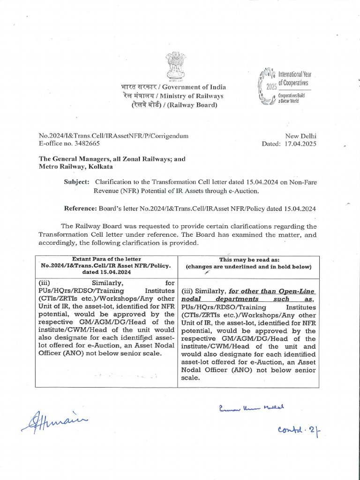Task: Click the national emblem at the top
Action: pos(176,67)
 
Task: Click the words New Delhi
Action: pos(300,135)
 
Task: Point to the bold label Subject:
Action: pos(76,181)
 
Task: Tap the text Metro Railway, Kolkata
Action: pos(75,166)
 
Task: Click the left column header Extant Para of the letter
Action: pos(106,259)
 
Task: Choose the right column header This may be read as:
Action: pos(248,259)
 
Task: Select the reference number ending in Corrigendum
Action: pos(113,135)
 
